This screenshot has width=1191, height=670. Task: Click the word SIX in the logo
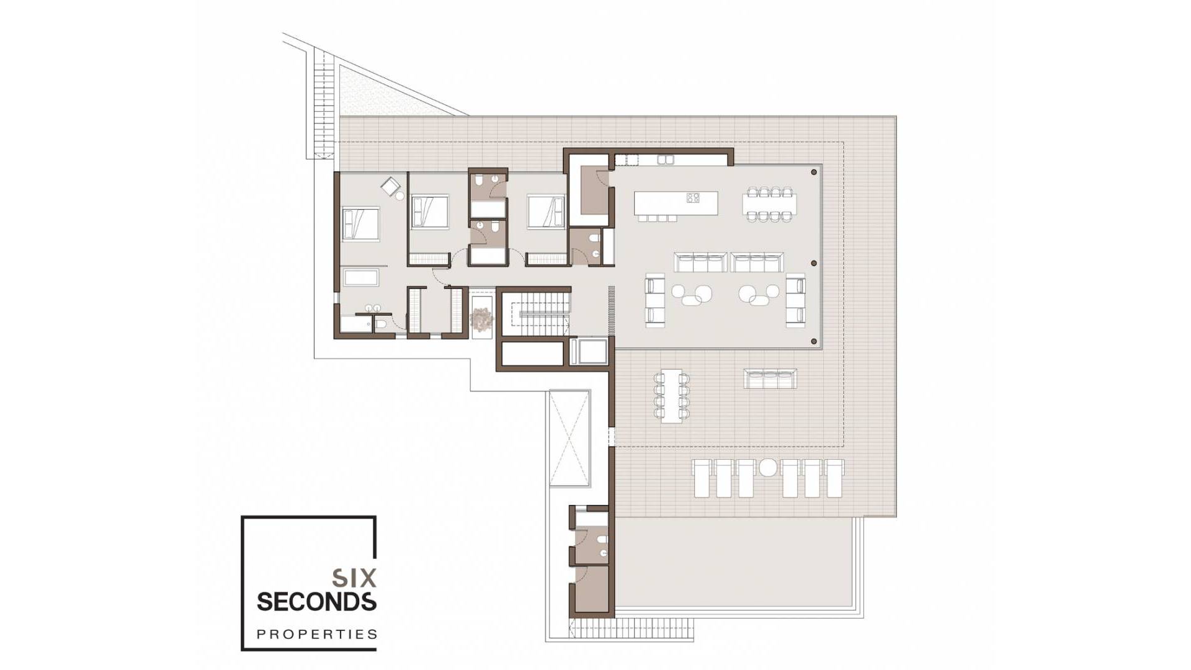point(354,578)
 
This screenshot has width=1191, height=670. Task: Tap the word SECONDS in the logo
point(316,602)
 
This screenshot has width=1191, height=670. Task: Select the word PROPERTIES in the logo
point(317,634)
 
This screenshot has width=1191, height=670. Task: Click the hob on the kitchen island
point(693,198)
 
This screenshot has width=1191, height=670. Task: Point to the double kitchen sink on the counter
point(665,160)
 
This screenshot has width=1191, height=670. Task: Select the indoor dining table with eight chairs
point(769,203)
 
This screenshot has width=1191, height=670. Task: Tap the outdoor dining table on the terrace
point(671,396)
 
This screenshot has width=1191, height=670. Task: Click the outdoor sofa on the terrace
point(770,379)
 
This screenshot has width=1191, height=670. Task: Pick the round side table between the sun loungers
point(768,467)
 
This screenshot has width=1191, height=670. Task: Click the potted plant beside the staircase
point(481,319)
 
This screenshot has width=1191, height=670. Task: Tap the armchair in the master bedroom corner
point(391,186)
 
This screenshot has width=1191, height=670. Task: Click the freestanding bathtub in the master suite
point(361,277)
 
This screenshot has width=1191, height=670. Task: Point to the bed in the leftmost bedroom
point(360,223)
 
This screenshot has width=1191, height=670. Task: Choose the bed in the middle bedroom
point(429,212)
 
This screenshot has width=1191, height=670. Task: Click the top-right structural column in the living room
point(814,172)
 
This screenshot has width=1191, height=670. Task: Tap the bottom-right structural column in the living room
point(814,341)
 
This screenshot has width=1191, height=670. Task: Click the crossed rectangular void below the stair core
point(569,438)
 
